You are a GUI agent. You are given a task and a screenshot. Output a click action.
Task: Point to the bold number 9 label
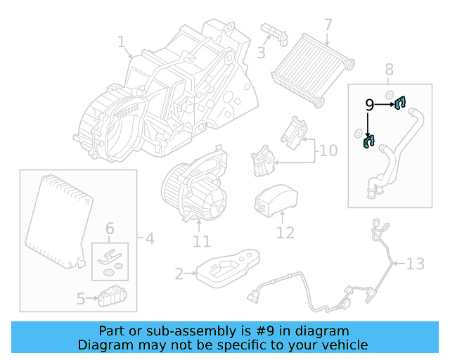[369, 105]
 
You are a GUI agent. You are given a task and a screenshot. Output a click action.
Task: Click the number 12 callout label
[285, 232]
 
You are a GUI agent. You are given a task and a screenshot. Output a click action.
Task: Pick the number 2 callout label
[179, 273]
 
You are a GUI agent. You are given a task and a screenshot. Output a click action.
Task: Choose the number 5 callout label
[81, 299]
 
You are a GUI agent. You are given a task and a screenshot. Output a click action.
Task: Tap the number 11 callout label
[201, 242]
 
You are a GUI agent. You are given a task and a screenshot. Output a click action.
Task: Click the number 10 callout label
[328, 150]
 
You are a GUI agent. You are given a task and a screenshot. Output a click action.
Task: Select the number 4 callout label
[149, 239]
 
